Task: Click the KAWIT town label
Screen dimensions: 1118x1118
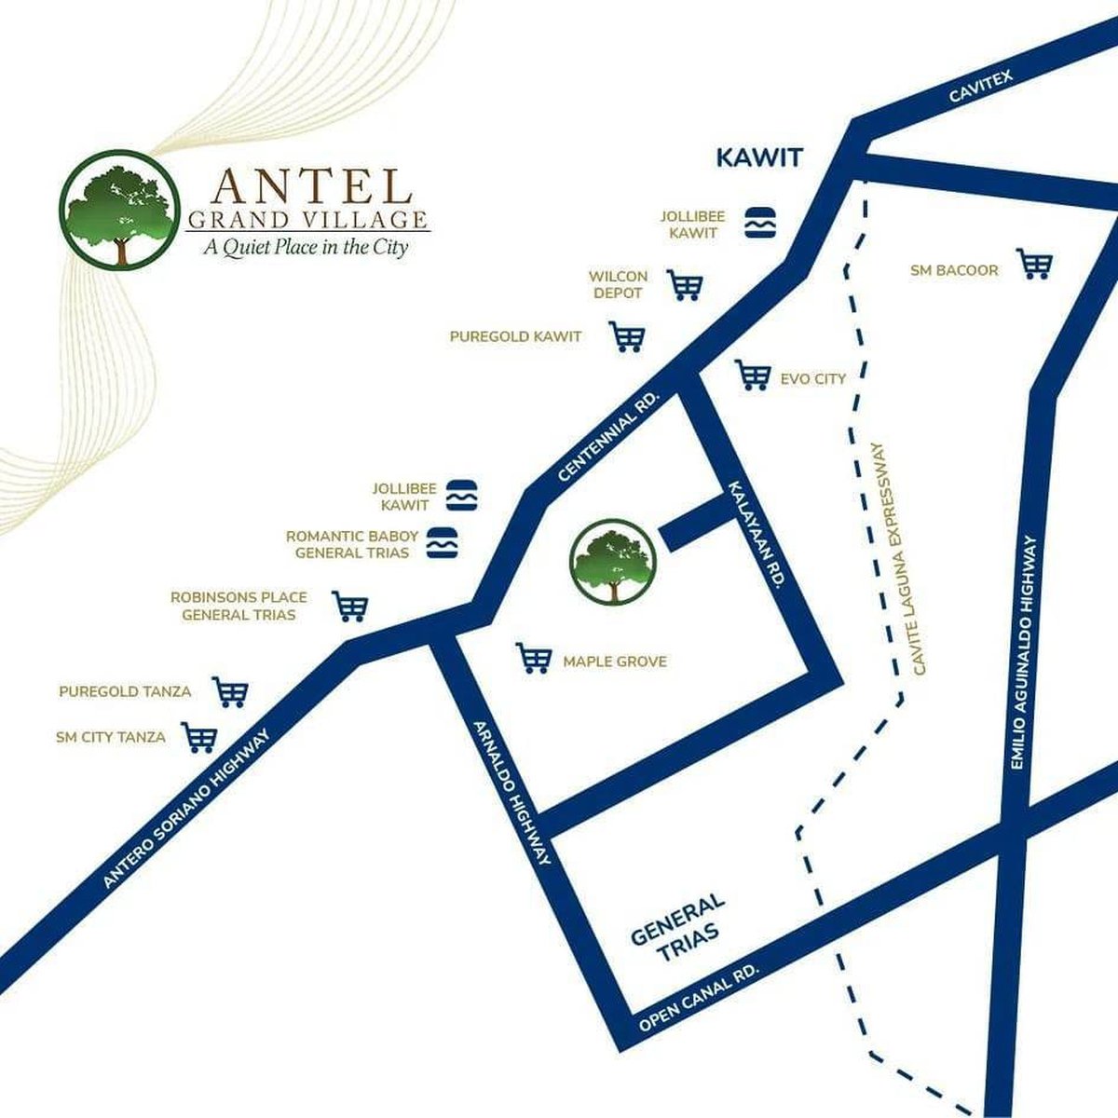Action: tap(758, 157)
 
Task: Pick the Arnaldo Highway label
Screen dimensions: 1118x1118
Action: tap(513, 793)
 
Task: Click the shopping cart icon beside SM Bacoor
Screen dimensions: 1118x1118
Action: tap(1034, 265)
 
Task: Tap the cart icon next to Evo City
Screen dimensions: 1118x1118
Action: tap(753, 375)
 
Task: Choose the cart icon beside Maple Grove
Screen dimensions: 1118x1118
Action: tap(534, 659)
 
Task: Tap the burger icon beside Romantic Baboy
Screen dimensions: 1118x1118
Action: tap(443, 543)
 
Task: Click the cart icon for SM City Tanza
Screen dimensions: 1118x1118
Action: tap(199, 737)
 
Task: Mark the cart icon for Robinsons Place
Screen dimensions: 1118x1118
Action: tap(350, 607)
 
